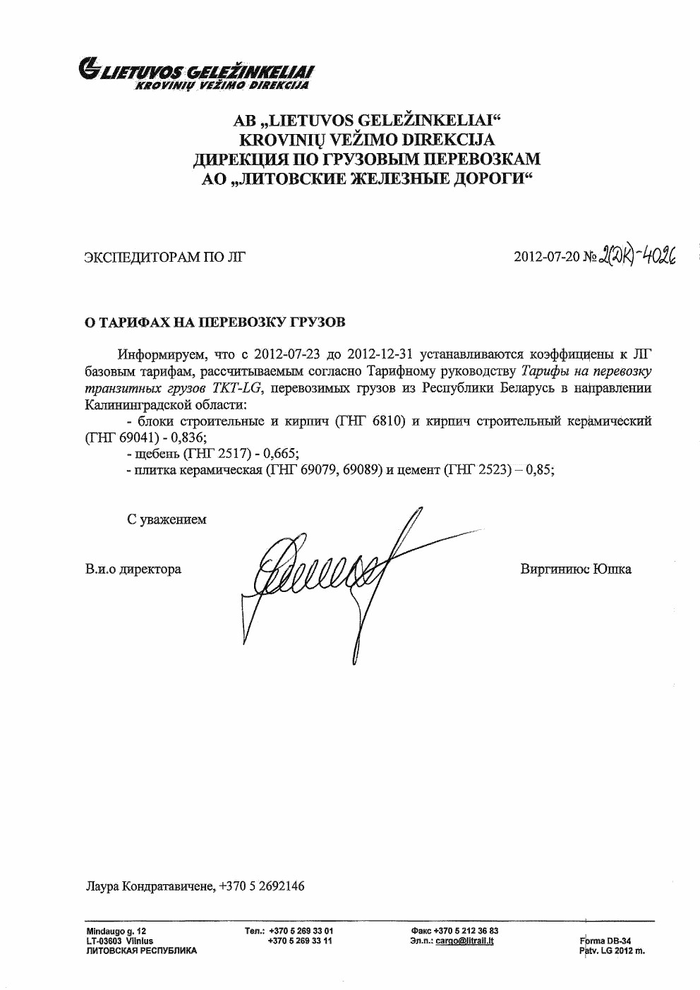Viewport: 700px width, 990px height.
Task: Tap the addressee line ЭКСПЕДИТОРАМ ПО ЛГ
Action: (x=165, y=257)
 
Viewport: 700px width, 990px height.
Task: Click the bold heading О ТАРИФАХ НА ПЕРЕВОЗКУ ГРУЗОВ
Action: (x=215, y=322)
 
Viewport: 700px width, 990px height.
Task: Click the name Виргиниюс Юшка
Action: (x=575, y=569)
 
